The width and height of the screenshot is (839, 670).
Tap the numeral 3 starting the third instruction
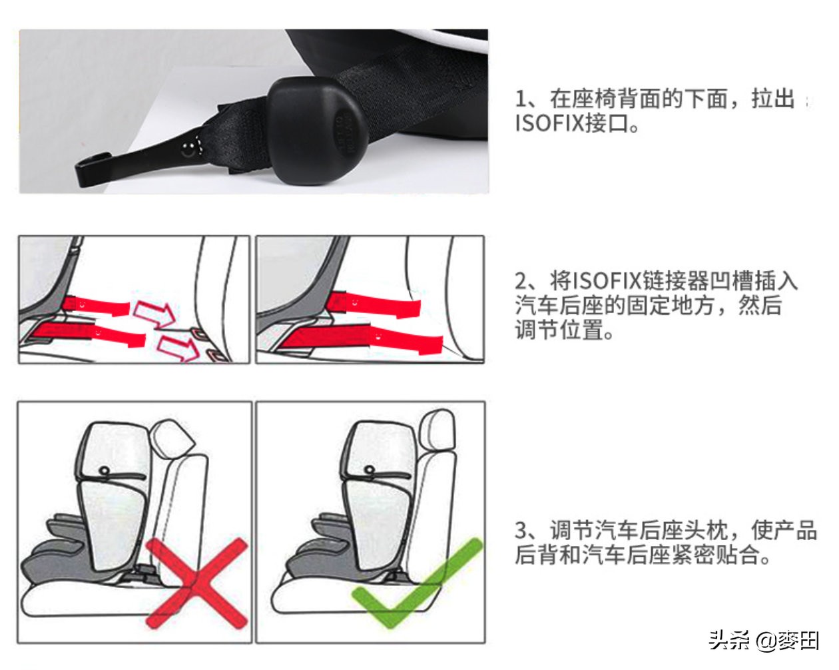click(x=521, y=530)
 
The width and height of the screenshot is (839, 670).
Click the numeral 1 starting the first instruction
click(x=520, y=99)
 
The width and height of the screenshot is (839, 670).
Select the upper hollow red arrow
click(x=154, y=312)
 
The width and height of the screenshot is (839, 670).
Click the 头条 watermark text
click(x=728, y=640)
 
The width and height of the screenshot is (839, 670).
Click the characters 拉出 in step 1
click(x=773, y=99)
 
